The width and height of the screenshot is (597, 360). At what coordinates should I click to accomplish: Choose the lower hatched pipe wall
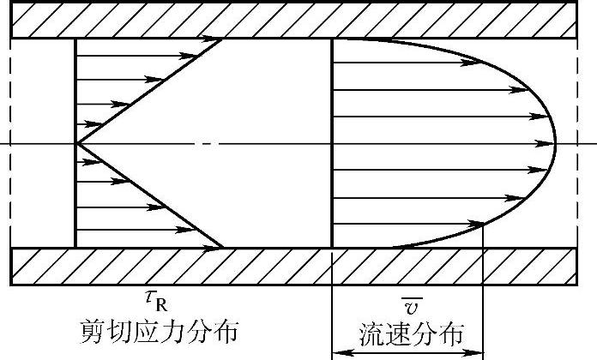(298, 266)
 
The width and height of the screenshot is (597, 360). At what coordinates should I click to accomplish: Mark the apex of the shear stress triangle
(77, 143)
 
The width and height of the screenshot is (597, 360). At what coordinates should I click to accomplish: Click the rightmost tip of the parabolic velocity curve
(556, 143)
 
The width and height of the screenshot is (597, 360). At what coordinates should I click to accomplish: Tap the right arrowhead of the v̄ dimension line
(478, 352)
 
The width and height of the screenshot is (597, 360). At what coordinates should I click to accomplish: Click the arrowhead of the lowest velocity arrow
(477, 225)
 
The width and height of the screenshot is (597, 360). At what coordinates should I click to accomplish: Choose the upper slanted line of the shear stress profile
(150, 91)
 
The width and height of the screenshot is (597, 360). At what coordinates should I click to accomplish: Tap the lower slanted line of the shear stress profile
(150, 195)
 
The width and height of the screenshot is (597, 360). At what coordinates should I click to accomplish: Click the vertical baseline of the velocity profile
(332, 143)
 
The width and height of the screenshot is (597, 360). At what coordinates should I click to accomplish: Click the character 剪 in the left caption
(94, 330)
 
